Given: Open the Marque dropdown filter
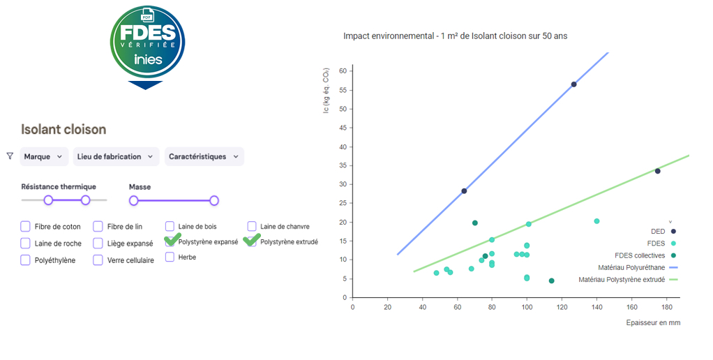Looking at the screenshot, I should coord(43,157).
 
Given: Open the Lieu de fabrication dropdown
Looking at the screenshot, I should coord(116,157).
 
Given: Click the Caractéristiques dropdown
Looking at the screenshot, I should coord(204,157).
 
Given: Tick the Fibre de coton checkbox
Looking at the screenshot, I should coord(25,226).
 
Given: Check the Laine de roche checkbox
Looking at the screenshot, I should coord(25,243).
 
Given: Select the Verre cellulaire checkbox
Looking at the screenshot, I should coord(98,260).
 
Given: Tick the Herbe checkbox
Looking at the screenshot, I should coord(170,257).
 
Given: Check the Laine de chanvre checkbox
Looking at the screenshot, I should coord(252,226).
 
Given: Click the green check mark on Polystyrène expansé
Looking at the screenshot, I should coord(172,240).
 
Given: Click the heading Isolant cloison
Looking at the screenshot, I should coord(63,129).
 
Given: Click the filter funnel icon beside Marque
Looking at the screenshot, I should coord(10,156).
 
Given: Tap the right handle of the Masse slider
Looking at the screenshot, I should coord(214,201).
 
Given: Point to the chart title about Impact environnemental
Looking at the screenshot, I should coord(455,36).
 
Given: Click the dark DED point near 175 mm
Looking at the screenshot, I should coord(657,171).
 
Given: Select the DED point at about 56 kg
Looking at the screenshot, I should coord(573,84).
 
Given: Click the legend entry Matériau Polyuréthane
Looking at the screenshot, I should coord(631,267).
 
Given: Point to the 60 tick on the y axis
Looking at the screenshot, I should coord(343,71).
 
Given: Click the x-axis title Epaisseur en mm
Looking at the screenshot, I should coord(652,322).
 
